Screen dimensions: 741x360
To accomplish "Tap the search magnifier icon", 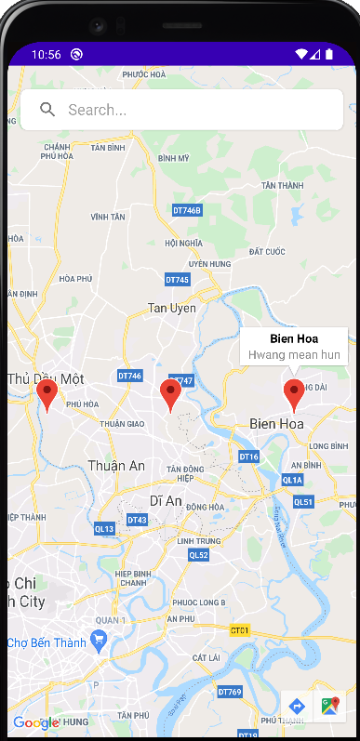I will pyautogui.click(x=47, y=110).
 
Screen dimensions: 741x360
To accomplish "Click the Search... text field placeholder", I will pyautogui.click(x=98, y=110).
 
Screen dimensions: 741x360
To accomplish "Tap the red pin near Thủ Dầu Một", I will pyautogui.click(x=47, y=395).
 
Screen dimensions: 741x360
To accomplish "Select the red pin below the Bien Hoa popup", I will pyautogui.click(x=294, y=395).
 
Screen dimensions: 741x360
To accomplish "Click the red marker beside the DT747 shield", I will pyautogui.click(x=169, y=395).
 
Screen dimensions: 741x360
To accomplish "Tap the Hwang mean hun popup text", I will pyautogui.click(x=294, y=354).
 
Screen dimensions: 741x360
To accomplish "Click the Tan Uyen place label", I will pyautogui.click(x=172, y=308).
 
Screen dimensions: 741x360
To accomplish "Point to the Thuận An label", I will pyautogui.click(x=116, y=465).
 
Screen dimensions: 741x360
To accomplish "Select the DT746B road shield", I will pyautogui.click(x=187, y=210).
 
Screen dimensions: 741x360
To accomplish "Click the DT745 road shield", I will pyautogui.click(x=177, y=279).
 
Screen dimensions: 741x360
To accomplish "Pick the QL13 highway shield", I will pyautogui.click(x=104, y=529).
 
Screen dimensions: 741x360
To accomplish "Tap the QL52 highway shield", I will pyautogui.click(x=199, y=555).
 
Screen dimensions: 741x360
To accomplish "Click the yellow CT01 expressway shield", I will pyautogui.click(x=240, y=630).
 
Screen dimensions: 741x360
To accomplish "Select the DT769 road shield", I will pyautogui.click(x=230, y=692).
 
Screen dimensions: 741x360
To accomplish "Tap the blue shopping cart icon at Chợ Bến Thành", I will pyautogui.click(x=100, y=642).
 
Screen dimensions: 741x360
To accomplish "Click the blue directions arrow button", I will pyautogui.click(x=297, y=707).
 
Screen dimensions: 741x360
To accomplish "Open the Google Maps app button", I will pyautogui.click(x=329, y=707).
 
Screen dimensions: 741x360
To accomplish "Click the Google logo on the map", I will pyautogui.click(x=35, y=722).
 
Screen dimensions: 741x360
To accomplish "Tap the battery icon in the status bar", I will pyautogui.click(x=328, y=54).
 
